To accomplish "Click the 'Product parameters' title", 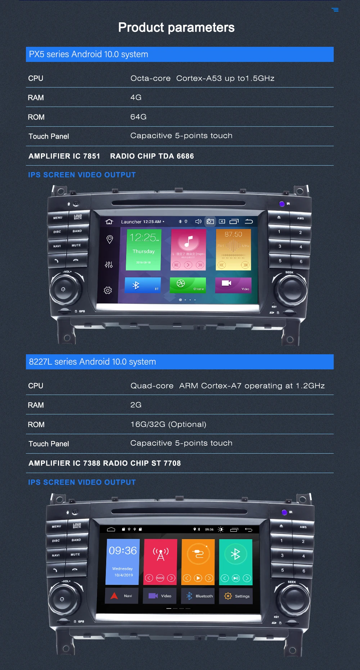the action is click(x=176, y=27).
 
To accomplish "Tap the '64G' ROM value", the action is click(x=138, y=117).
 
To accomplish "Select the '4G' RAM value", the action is click(x=136, y=98).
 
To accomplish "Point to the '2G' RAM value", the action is click(x=136, y=405).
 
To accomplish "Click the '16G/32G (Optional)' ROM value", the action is click(x=168, y=424).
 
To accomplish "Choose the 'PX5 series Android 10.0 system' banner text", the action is click(x=89, y=54).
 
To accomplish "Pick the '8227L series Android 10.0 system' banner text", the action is click(x=93, y=362).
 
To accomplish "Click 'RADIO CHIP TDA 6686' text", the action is click(x=152, y=156).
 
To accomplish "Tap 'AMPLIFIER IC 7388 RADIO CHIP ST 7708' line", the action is click(x=105, y=463).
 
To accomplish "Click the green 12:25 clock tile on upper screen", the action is click(x=143, y=249).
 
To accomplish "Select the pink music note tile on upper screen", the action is click(x=188, y=249).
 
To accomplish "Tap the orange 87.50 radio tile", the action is click(x=233, y=249).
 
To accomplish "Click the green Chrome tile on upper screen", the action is click(x=188, y=285).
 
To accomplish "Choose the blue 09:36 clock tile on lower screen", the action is click(x=123, y=561).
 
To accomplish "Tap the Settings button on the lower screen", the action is click(x=236, y=596).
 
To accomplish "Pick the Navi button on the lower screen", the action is click(x=122, y=596).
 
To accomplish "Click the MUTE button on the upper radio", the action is click(x=76, y=246).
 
